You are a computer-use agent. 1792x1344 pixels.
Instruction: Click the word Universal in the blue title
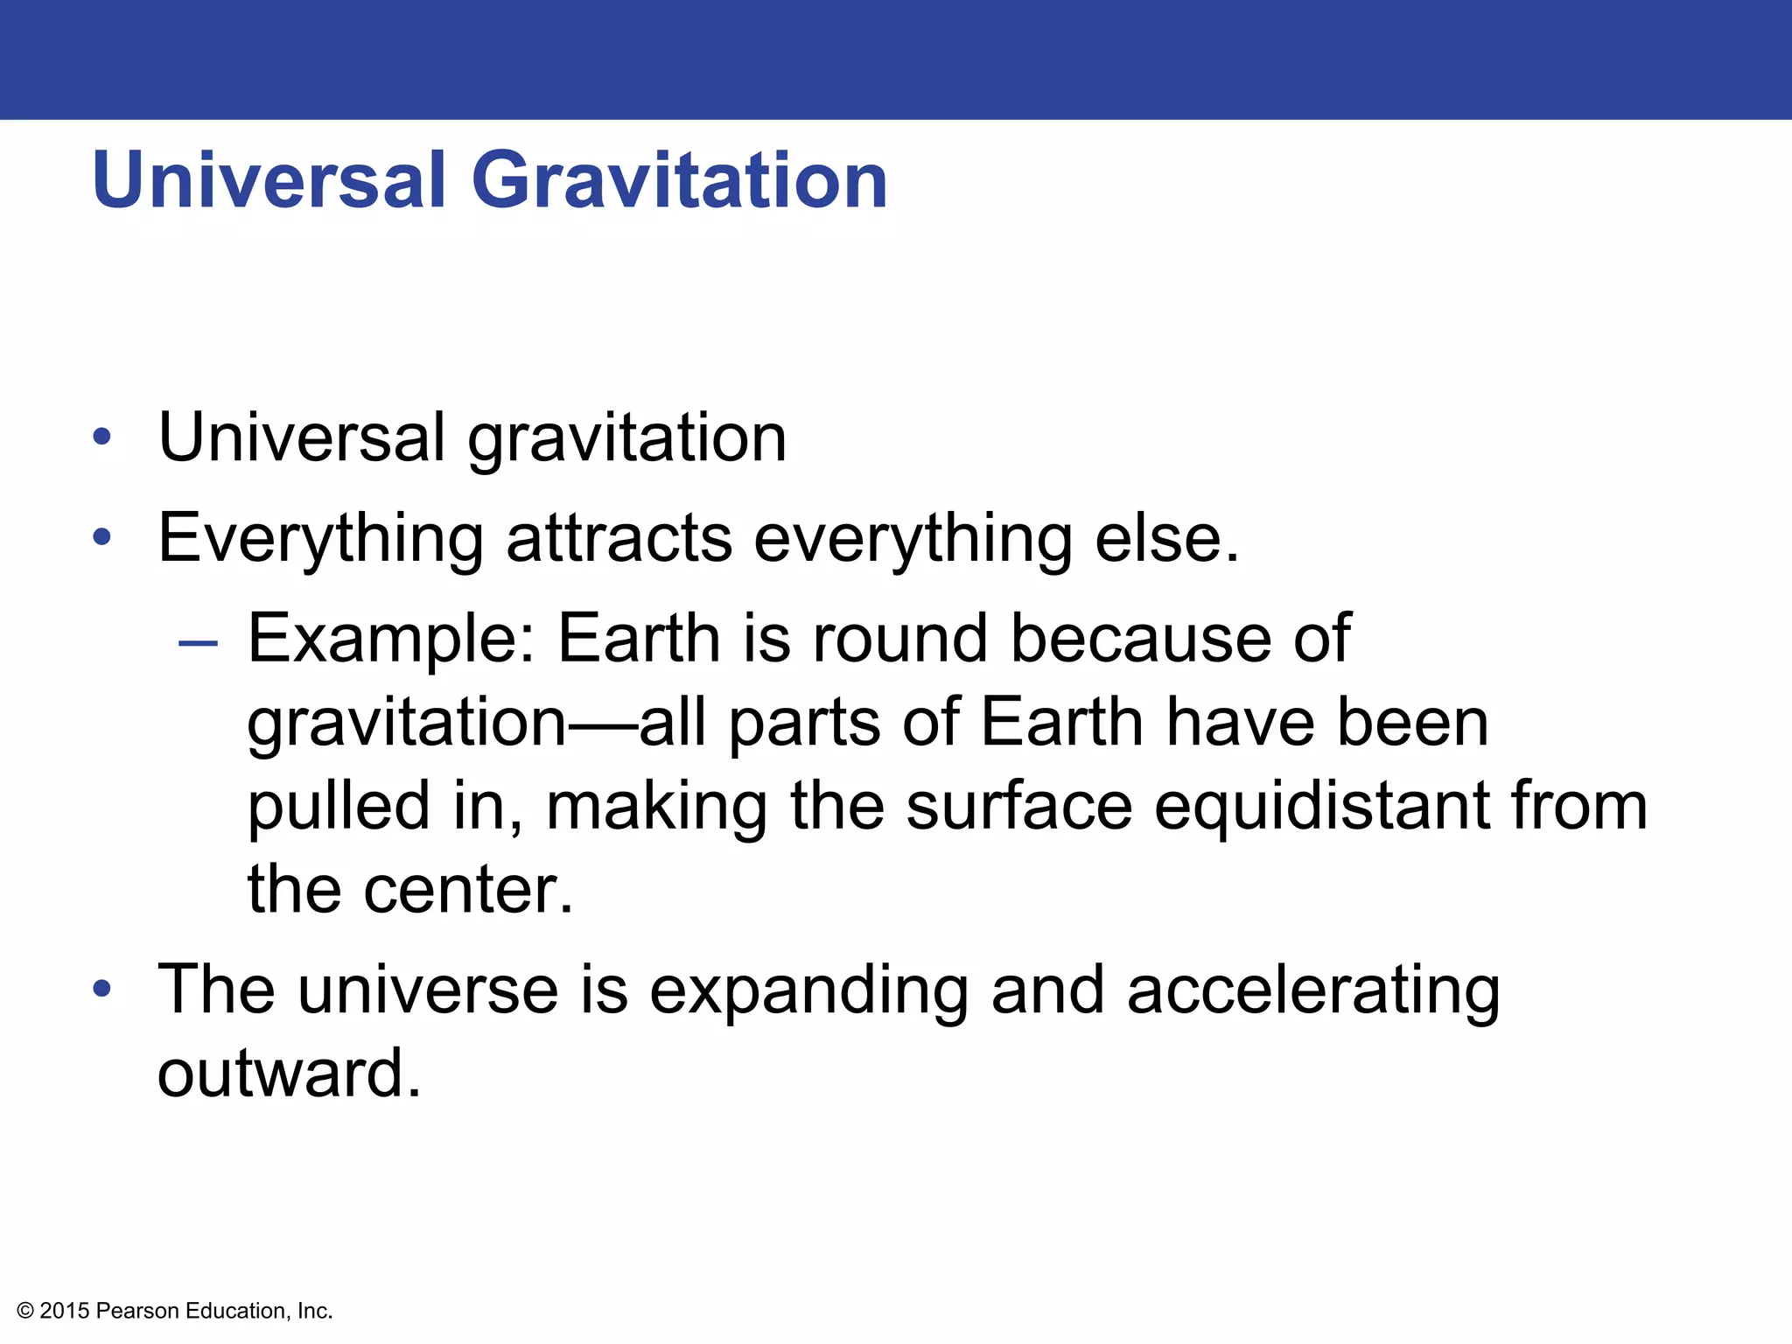tap(269, 180)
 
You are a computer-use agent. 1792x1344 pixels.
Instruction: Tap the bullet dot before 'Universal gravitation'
tap(102, 436)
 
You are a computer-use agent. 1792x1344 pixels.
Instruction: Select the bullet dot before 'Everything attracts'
tap(102, 536)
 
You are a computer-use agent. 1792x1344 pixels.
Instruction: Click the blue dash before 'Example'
tap(198, 644)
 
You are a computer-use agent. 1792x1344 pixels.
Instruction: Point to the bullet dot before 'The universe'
tap(102, 989)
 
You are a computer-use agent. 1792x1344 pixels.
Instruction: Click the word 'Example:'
tap(391, 639)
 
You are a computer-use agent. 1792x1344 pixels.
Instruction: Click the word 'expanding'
tap(808, 991)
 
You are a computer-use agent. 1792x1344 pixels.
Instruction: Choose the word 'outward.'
tap(289, 1073)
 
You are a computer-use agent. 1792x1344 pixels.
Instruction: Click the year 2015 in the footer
tap(65, 1311)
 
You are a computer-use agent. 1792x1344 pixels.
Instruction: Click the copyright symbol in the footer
tap(25, 1311)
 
